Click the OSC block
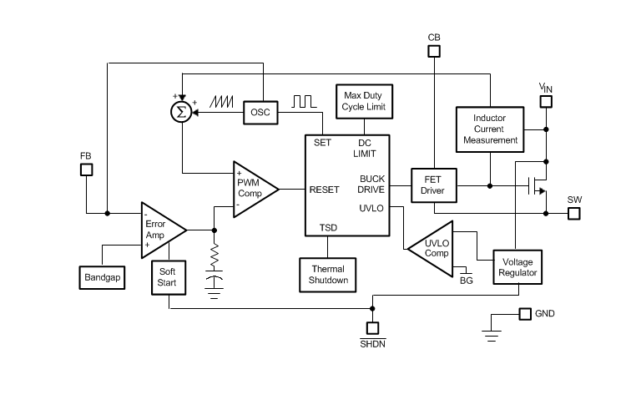tap(261, 113)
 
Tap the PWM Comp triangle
tap(253, 190)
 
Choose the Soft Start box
tap(167, 276)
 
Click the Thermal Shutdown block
tap(328, 275)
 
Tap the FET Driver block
tap(432, 185)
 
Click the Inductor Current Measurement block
tap(489, 129)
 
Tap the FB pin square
tap(86, 170)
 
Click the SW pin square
tap(573, 213)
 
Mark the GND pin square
tap(524, 314)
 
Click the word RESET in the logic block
tap(324, 190)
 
